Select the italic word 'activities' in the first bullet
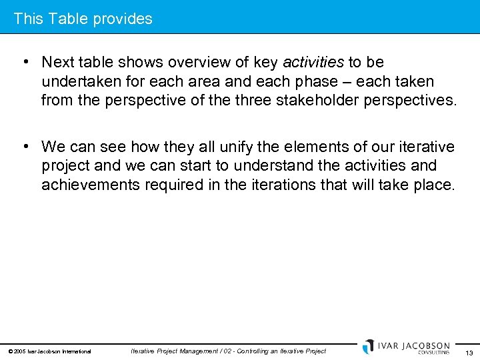pos(313,63)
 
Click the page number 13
pos(469,353)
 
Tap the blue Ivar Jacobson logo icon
pos(368,347)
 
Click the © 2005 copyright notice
pos(49,351)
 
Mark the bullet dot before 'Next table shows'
pos(24,63)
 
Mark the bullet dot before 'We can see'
pos(24,146)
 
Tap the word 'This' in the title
pos(27,19)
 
